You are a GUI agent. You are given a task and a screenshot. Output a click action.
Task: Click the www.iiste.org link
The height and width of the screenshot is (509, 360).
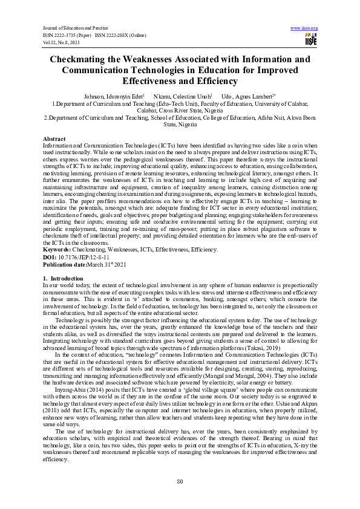pyautogui.click(x=304, y=28)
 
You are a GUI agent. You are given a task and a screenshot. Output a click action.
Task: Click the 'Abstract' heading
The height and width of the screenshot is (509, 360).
pyautogui.click(x=54, y=138)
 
